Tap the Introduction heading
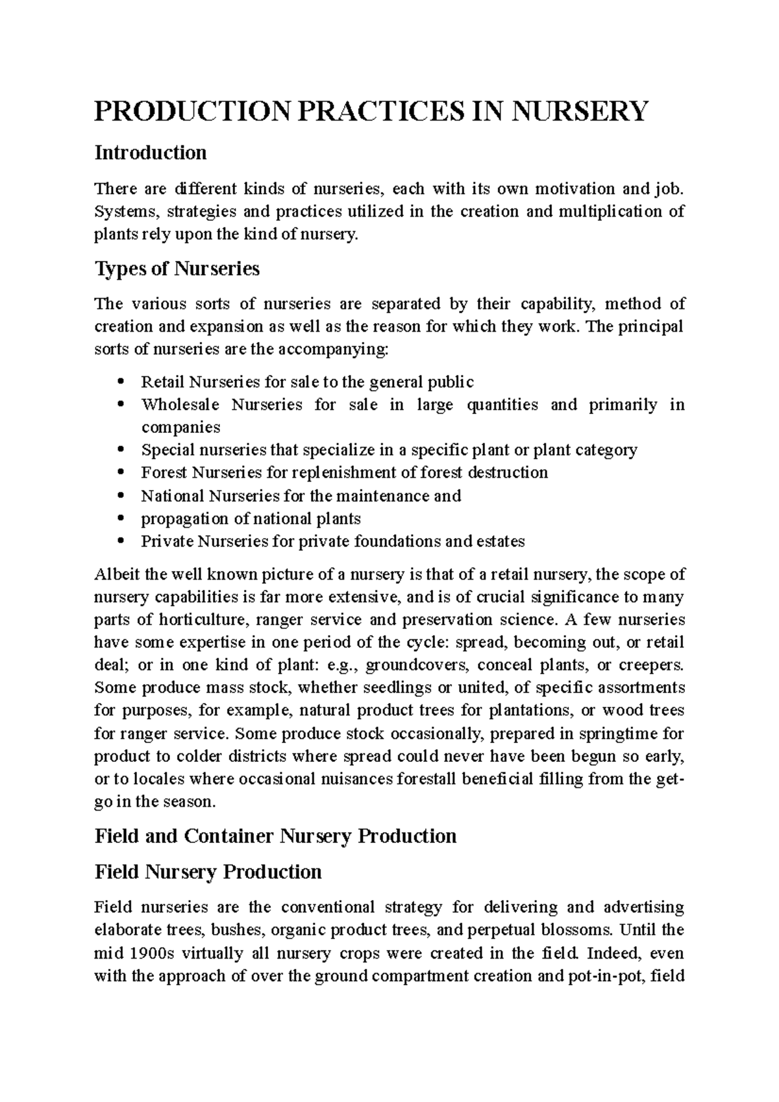click(151, 153)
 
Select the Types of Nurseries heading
click(177, 268)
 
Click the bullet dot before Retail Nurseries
click(121, 382)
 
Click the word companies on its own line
click(180, 428)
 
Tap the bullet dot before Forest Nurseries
click(121, 473)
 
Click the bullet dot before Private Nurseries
click(121, 541)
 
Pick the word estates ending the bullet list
click(501, 541)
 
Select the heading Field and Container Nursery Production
click(275, 836)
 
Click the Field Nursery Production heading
click(208, 871)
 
